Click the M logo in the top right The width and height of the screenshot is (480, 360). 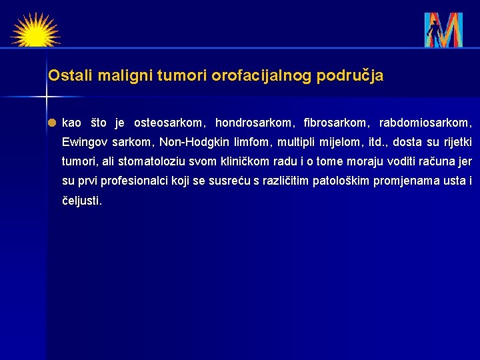click(443, 30)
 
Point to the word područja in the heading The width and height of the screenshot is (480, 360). click(350, 76)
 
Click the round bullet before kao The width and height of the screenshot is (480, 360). click(52, 123)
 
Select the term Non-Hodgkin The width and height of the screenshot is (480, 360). click(189, 142)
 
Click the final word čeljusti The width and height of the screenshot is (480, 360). click(82, 200)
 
